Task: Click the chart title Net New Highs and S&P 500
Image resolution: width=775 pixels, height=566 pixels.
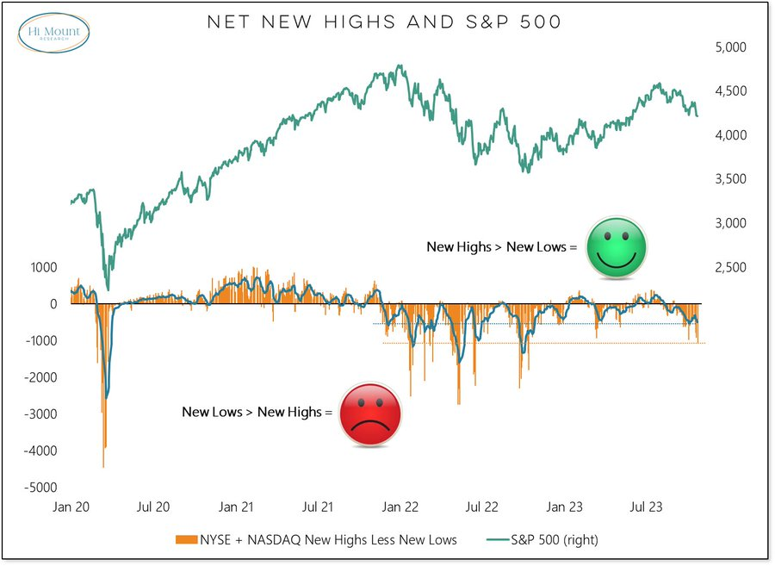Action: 385,22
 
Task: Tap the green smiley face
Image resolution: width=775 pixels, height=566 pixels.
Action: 617,246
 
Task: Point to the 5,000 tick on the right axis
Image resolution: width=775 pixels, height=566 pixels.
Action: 733,47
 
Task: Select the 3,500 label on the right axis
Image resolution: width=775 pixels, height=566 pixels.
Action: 733,179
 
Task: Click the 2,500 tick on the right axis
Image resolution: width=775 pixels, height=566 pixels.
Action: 733,268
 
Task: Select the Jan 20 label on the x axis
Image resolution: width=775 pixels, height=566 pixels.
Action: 71,508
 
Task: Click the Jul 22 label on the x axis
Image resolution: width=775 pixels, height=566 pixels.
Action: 480,508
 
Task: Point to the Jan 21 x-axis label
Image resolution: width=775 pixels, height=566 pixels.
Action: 235,508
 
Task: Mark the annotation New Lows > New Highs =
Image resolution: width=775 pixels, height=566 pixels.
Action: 257,412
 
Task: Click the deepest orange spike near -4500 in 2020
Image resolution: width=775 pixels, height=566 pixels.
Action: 103,466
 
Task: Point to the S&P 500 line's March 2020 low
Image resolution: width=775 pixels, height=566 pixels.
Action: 108,289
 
